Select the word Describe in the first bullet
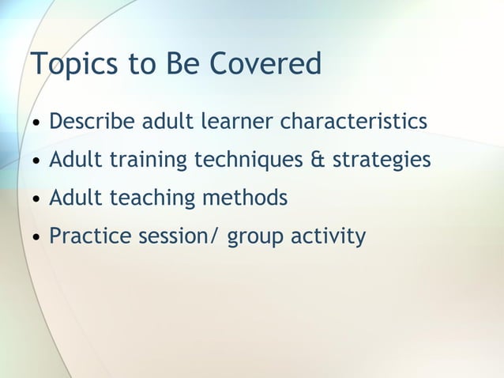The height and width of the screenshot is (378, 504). point(92,123)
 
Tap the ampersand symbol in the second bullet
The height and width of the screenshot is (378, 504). point(317,161)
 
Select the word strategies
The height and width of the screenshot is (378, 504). point(382,161)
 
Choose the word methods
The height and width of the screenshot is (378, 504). point(244,198)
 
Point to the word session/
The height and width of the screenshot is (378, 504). point(181,236)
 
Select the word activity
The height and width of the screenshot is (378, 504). point(326,236)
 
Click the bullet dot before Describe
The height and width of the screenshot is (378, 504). point(36,124)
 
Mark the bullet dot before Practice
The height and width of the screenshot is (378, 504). point(36,237)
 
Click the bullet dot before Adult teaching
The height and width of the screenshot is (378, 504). point(36,199)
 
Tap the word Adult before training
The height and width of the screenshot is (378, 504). point(75,161)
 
